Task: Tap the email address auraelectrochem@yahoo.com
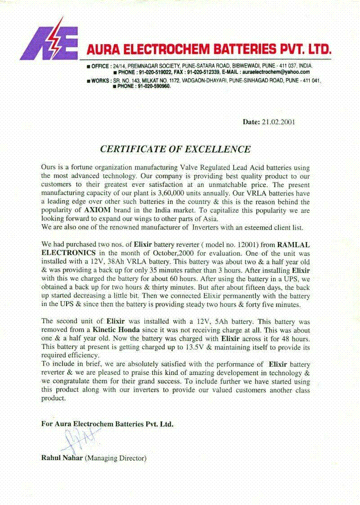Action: pos(276,72)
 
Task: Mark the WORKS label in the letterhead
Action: pos(100,81)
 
